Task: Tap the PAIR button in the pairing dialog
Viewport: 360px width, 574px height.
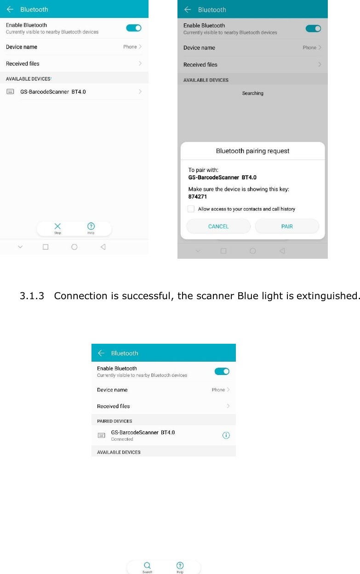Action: pyautogui.click(x=287, y=226)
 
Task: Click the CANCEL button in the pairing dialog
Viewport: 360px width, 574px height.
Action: pyautogui.click(x=218, y=226)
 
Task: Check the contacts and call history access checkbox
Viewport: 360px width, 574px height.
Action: pyautogui.click(x=191, y=209)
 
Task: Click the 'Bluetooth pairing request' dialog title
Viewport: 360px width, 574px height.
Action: pyautogui.click(x=252, y=151)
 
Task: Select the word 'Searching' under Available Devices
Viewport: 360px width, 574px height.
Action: pyautogui.click(x=252, y=93)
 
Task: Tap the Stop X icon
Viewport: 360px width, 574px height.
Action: pyautogui.click(x=58, y=226)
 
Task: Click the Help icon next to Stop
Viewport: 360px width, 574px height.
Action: pyautogui.click(x=91, y=226)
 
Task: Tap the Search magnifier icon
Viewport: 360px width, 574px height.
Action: pyautogui.click(x=147, y=565)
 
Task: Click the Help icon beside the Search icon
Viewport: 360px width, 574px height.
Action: pyautogui.click(x=180, y=565)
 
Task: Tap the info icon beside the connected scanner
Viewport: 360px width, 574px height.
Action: pyautogui.click(x=226, y=435)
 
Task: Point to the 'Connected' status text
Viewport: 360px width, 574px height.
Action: pyautogui.click(x=122, y=439)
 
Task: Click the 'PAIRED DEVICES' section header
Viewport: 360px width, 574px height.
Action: pyautogui.click(x=114, y=421)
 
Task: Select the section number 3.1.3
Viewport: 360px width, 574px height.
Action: pyautogui.click(x=32, y=296)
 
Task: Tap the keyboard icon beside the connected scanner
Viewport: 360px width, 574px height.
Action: pyautogui.click(x=102, y=435)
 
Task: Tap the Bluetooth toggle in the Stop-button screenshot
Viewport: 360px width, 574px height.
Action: pyautogui.click(x=134, y=28)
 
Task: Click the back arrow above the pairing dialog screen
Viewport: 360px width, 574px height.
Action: pyautogui.click(x=188, y=10)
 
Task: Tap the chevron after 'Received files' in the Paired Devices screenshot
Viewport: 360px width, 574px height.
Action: pyautogui.click(x=228, y=406)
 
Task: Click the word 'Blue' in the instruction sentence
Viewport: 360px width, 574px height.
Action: pyautogui.click(x=247, y=296)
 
